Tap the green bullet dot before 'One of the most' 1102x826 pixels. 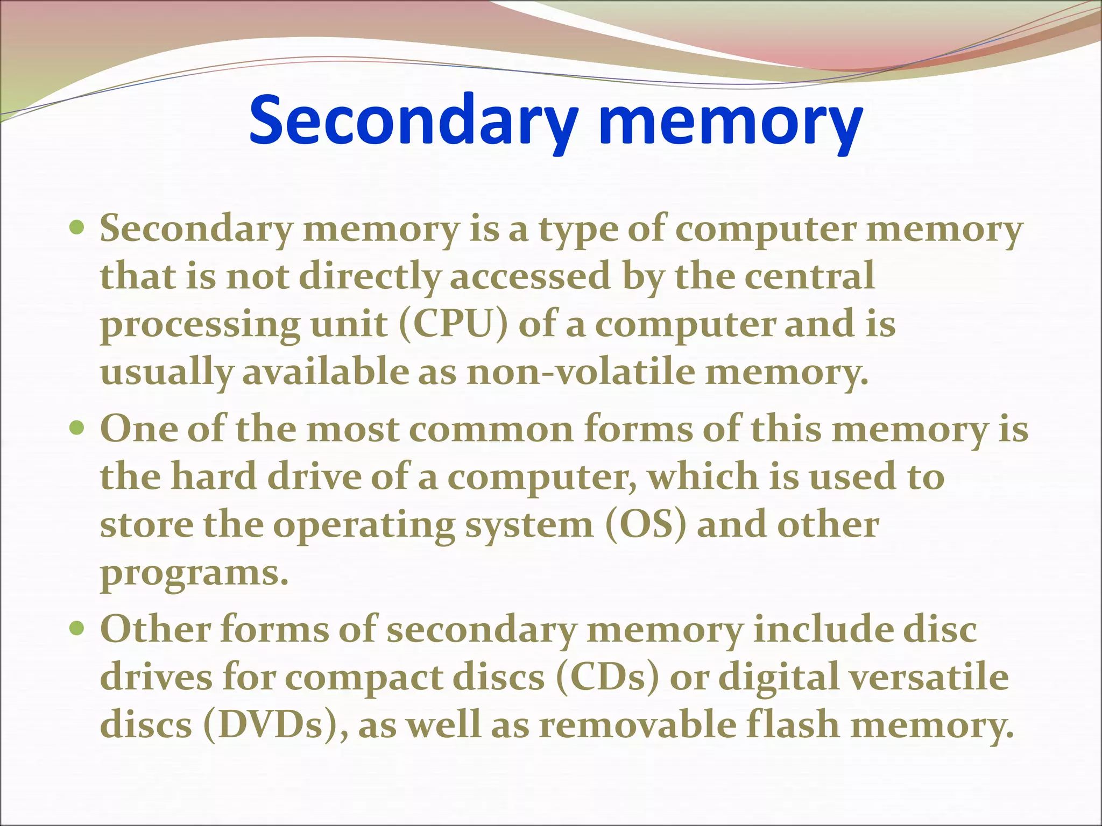[x=78, y=429]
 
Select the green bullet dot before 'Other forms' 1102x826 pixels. [x=78, y=628]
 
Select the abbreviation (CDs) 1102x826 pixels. [x=607, y=677]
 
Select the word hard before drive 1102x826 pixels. [x=214, y=476]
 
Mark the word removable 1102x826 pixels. [x=638, y=724]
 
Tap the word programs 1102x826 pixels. [x=194, y=573]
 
